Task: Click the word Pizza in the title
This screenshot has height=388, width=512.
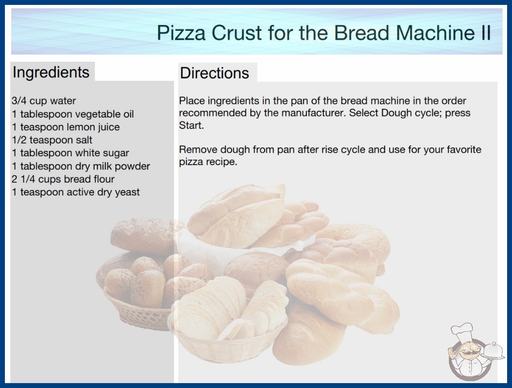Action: pos(181,33)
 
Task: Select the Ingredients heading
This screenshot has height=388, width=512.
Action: pos(51,73)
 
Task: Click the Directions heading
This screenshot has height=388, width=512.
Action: pos(214,73)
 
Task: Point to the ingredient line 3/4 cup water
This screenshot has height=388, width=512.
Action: pos(44,101)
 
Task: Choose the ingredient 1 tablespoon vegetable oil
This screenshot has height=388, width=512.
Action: pos(73,114)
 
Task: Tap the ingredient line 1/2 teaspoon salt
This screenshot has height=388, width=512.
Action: pos(52,140)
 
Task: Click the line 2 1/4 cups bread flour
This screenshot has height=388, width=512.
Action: pos(63,179)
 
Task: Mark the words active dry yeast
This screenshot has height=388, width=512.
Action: pos(103,192)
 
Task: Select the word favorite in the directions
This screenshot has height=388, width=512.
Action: pos(464,149)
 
